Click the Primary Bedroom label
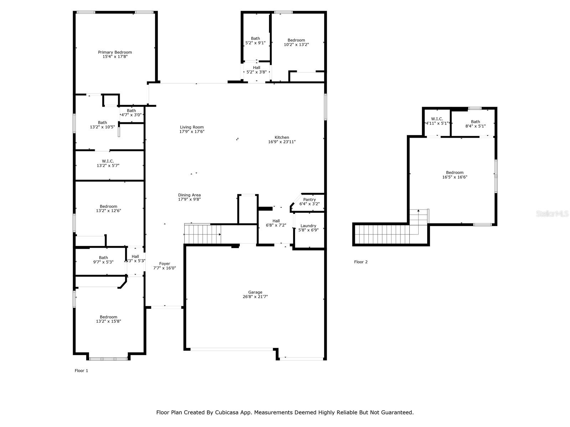pos(115,52)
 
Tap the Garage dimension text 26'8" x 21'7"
pos(255,297)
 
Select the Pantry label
pos(309,199)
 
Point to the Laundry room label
pos(308,226)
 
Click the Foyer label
pos(165,263)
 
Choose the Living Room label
pos(192,127)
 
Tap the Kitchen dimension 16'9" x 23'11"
pos(282,142)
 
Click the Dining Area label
pos(189,195)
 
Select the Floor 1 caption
pos(81,370)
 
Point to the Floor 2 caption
pos(361,262)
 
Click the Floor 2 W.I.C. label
pos(437,119)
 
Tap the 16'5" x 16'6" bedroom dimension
pos(455,177)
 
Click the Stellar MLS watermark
pos(552,213)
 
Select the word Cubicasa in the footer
pos(226,412)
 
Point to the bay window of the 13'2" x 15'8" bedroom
pos(108,359)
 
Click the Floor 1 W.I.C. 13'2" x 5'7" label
pos(108,163)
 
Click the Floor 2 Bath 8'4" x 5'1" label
pos(475,124)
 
